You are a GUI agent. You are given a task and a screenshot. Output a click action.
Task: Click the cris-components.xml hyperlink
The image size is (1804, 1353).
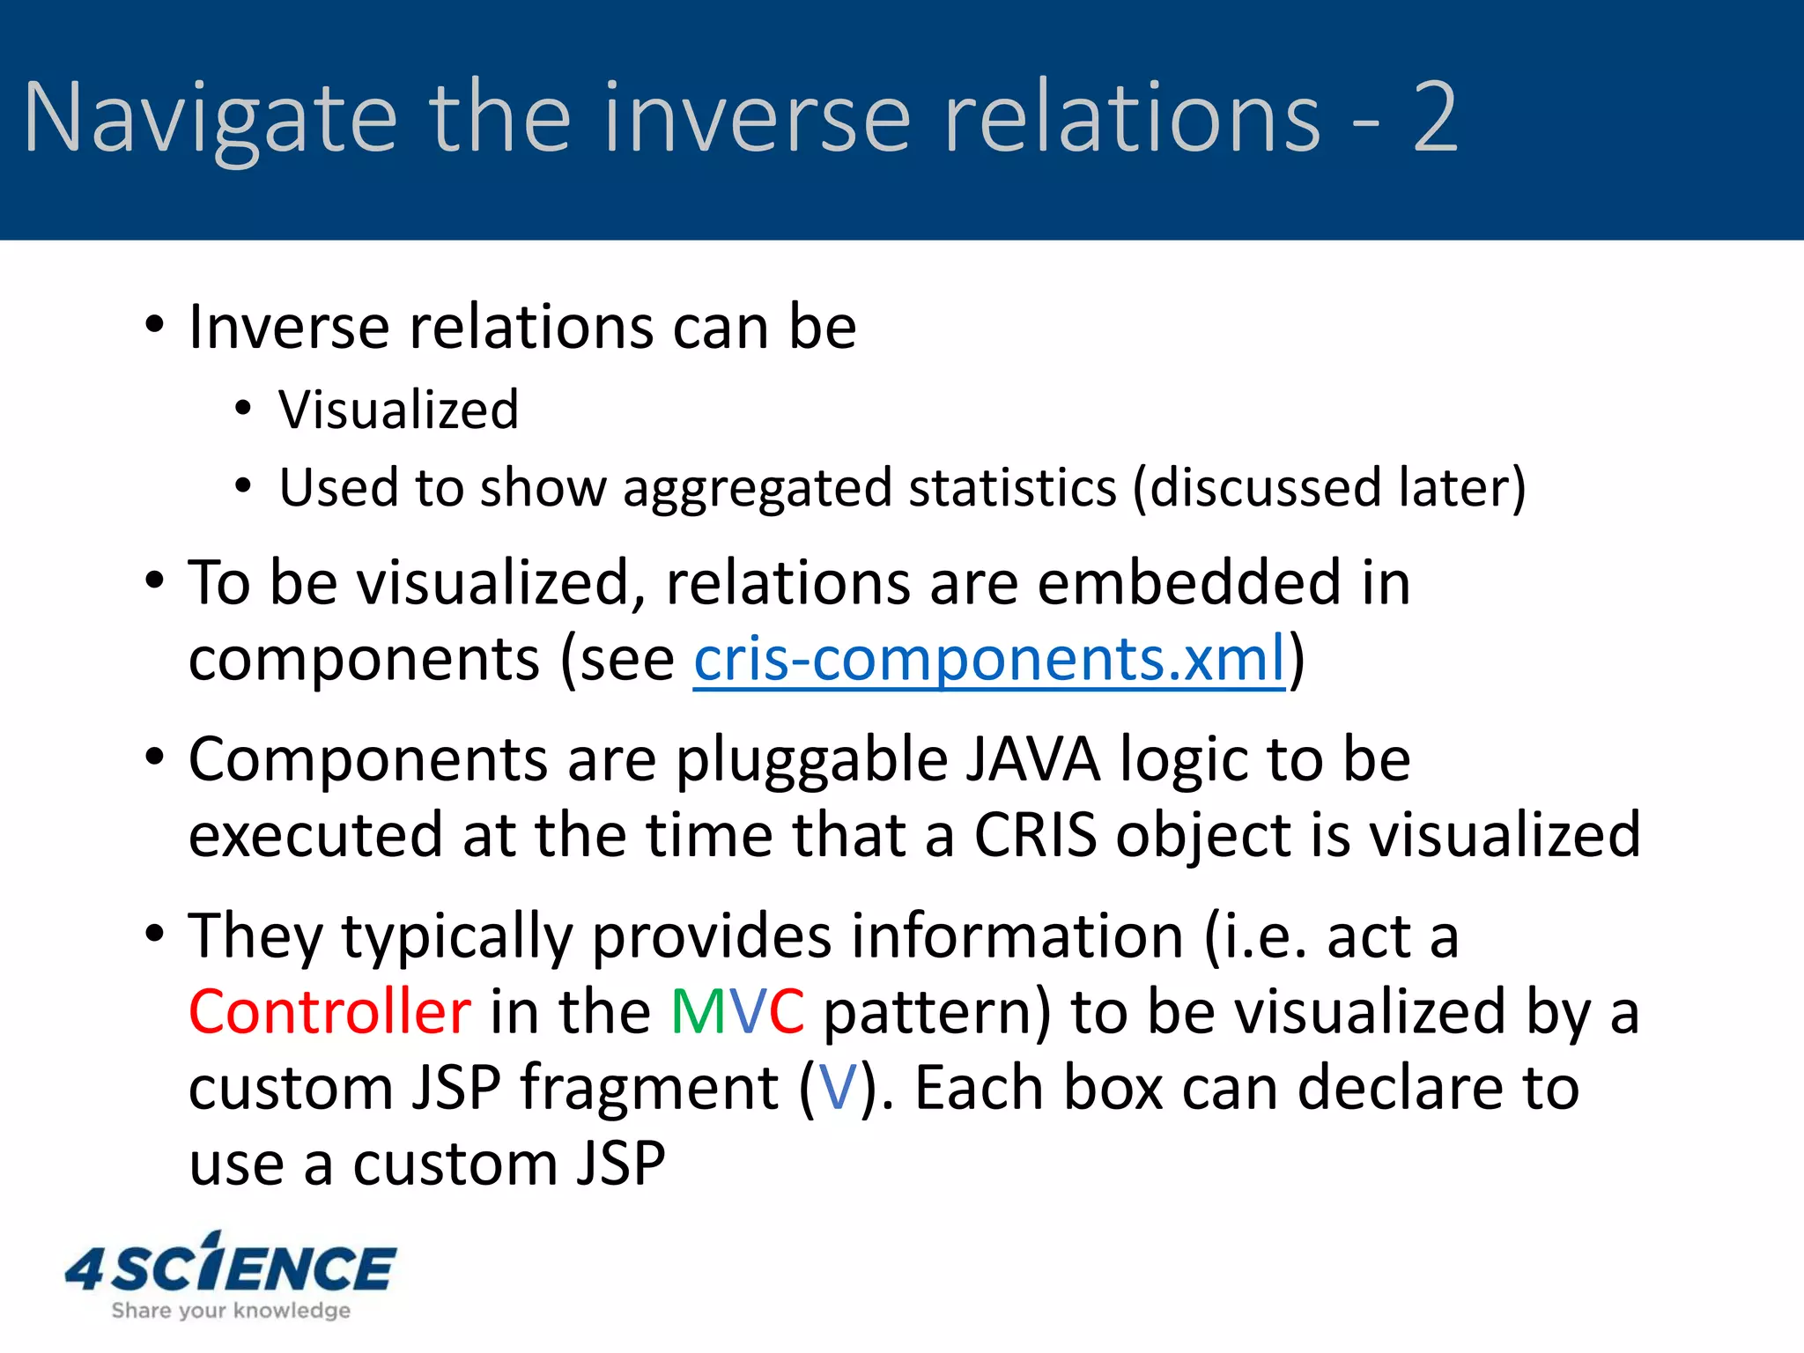(988, 660)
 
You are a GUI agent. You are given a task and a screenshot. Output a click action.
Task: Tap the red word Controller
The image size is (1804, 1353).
(329, 1011)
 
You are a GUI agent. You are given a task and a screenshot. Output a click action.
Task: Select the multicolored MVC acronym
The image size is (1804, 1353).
(736, 1011)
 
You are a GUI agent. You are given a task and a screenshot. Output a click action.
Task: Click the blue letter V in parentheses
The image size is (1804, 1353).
(837, 1088)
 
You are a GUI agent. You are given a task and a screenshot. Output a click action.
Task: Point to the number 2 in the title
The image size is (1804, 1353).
(1434, 116)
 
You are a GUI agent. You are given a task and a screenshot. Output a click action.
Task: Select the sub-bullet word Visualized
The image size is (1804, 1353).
(398, 410)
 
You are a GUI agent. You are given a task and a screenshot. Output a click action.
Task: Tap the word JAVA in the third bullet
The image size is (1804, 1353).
(1031, 759)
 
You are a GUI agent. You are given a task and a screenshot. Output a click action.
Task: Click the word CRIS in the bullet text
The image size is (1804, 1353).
(1035, 835)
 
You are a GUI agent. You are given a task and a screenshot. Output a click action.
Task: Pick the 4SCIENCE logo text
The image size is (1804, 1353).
(231, 1268)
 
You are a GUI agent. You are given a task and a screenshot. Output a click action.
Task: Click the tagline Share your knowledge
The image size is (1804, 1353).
(231, 1311)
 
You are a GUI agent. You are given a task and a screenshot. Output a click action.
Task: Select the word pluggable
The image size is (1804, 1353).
(810, 761)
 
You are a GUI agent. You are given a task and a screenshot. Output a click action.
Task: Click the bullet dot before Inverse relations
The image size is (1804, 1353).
(154, 325)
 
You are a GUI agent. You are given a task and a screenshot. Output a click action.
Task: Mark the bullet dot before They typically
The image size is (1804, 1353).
(154, 934)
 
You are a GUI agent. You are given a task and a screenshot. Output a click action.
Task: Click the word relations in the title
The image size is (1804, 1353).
(1131, 116)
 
